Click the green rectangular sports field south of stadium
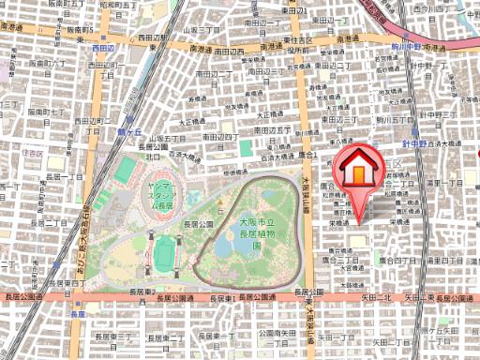pos(165,251)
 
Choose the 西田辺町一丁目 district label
pos(102,65)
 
